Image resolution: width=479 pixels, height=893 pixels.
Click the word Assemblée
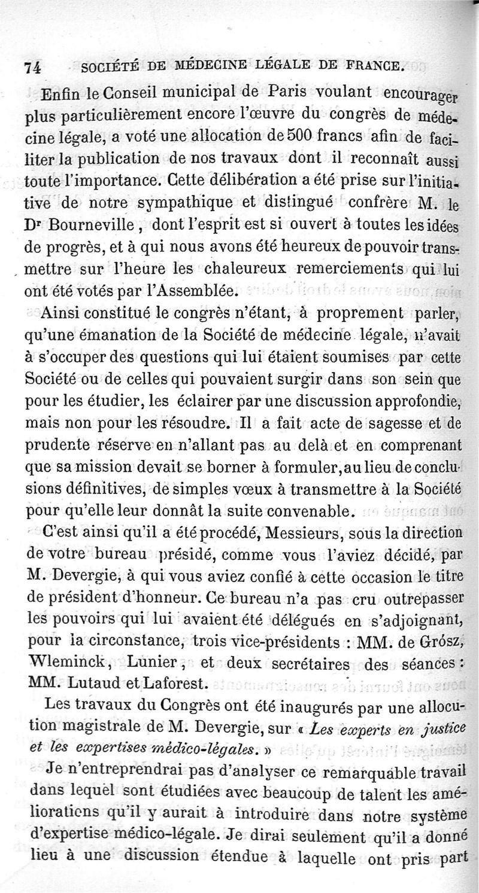pyautogui.click(x=200, y=291)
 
